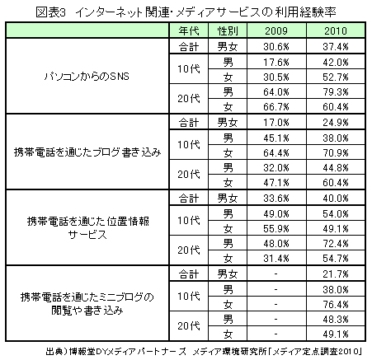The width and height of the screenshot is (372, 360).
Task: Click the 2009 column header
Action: pos(276,30)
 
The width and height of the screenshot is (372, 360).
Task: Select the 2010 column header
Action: pos(336,30)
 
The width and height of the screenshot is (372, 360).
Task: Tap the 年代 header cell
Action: pos(189,30)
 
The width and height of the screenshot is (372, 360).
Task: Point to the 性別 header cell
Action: pos(228,30)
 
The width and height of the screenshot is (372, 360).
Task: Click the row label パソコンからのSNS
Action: pos(87,76)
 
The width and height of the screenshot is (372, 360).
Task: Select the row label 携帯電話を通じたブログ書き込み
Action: pos(87,152)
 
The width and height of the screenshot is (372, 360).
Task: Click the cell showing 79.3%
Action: pos(336,91)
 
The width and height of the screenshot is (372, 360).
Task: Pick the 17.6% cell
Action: pos(276,63)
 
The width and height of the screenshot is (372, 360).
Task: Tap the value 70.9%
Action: pos(336,152)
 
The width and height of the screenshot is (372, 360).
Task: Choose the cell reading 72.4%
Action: pos(336,244)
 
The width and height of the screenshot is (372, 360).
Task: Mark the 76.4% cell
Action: pos(336,305)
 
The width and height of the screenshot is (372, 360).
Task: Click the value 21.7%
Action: pos(336,274)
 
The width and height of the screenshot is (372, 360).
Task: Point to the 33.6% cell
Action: pos(276,199)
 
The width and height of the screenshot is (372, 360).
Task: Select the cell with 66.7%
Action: pos(276,106)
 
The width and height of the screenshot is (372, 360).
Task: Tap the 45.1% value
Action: pos(276,138)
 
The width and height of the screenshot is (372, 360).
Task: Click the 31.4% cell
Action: pos(276,259)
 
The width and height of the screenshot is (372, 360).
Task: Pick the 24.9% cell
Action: pos(336,123)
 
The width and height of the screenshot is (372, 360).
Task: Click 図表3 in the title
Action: pos(51,12)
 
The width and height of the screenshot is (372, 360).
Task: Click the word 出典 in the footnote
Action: pos(54,352)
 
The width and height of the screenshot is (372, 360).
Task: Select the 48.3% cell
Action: pos(336,320)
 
